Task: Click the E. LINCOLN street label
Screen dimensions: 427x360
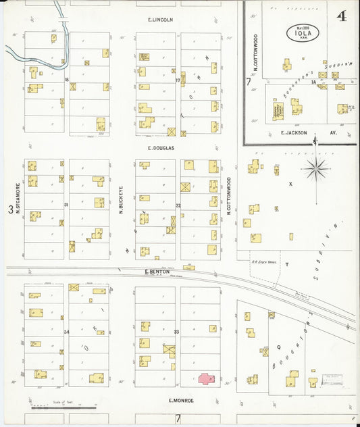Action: click(161, 20)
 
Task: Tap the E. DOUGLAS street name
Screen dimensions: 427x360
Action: click(161, 147)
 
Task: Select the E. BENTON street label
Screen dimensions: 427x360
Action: click(155, 272)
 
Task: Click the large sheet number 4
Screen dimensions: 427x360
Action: click(342, 16)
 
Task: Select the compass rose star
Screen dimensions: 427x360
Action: click(315, 168)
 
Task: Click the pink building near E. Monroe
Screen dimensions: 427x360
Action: click(207, 379)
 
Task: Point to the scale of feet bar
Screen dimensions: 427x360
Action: click(63, 407)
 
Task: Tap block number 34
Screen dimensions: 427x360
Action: click(66, 332)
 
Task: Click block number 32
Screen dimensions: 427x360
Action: click(178, 205)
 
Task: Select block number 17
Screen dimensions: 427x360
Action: click(178, 80)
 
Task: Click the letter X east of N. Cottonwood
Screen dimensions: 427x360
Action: click(290, 184)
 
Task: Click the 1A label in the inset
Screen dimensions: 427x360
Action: click(314, 82)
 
